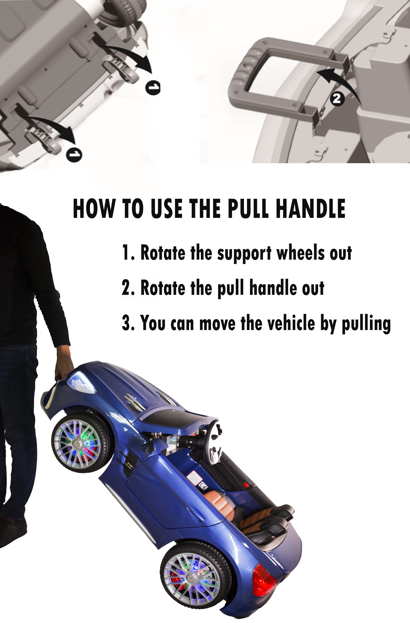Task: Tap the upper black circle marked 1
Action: click(x=153, y=87)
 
